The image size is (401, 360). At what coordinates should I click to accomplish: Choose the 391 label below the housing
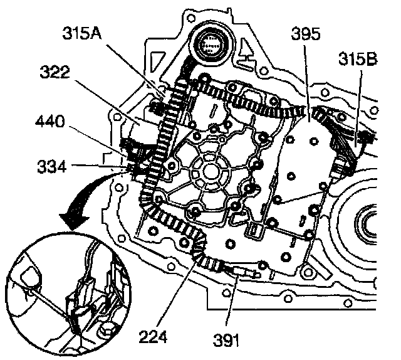[227, 339]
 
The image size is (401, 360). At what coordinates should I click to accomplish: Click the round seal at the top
[211, 45]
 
